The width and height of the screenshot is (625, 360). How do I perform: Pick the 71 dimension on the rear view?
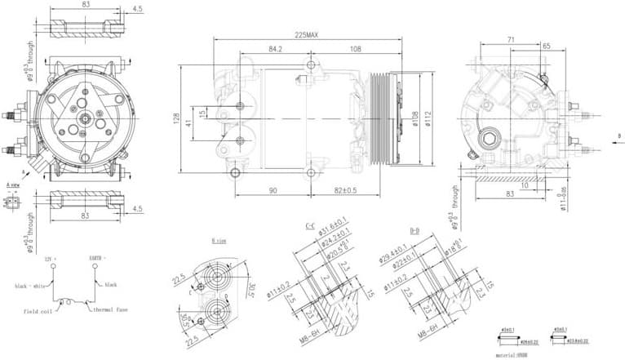click(x=510, y=38)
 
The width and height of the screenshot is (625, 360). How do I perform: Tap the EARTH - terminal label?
click(x=98, y=259)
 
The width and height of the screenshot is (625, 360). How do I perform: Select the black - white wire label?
click(x=32, y=287)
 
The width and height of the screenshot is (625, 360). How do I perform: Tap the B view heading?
click(x=218, y=241)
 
